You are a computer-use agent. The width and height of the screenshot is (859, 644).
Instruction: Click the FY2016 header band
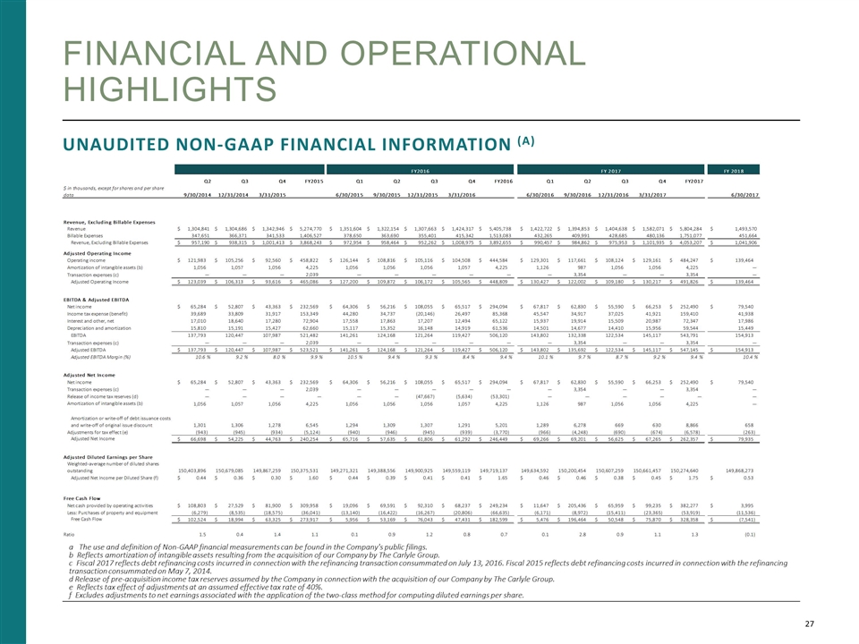pos(420,169)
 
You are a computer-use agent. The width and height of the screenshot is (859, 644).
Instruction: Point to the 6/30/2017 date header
pos(739,195)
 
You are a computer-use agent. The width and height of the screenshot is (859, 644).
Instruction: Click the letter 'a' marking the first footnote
pos(71,545)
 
